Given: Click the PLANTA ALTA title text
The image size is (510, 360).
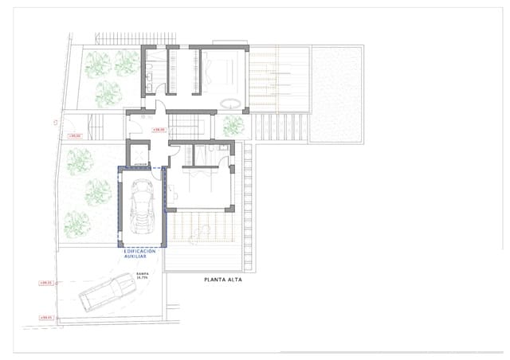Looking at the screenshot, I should [x=222, y=280].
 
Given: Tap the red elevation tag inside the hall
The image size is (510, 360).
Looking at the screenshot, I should [x=159, y=128].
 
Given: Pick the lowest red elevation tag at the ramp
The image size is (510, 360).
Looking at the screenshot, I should [x=45, y=318].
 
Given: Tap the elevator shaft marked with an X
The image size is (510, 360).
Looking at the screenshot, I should [x=139, y=152].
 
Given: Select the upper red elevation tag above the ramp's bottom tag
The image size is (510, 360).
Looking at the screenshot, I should [x=45, y=283].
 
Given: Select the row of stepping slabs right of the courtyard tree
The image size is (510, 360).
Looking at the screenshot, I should [x=279, y=126].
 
